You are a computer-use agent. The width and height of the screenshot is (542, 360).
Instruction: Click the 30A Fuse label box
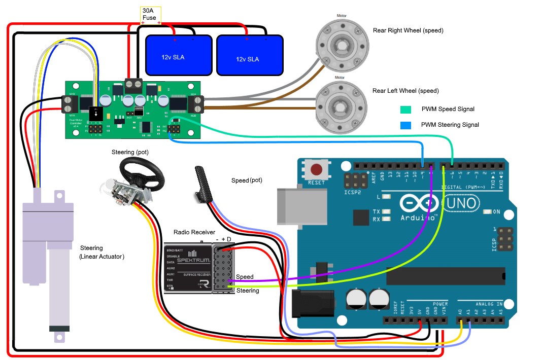[151, 15]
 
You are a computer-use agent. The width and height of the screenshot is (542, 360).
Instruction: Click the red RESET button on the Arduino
[317, 170]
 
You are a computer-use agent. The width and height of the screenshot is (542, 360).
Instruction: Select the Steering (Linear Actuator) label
[102, 252]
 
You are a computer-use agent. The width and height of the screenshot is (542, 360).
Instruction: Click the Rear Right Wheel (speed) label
[408, 30]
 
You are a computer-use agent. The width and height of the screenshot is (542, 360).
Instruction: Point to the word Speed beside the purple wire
[245, 277]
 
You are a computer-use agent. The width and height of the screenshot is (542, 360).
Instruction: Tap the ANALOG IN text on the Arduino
[488, 304]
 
